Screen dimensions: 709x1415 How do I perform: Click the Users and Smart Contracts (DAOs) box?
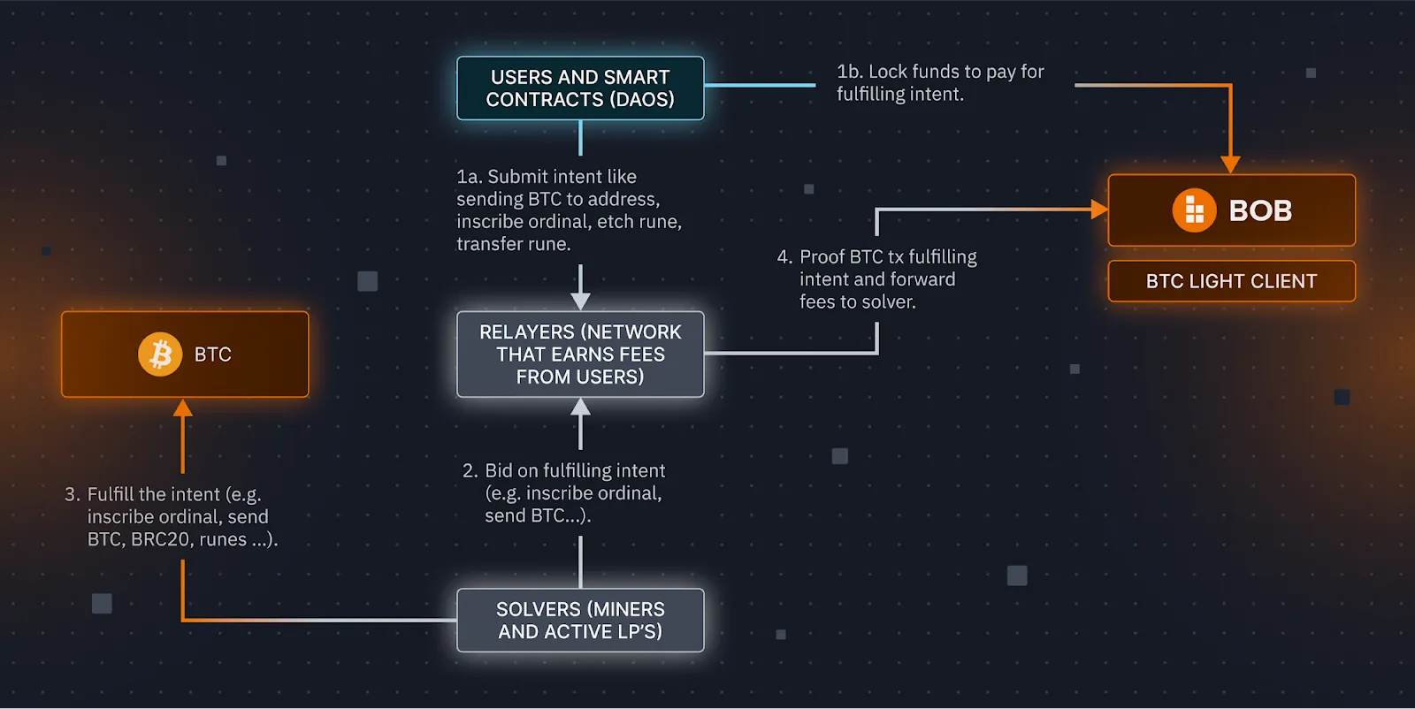(x=580, y=88)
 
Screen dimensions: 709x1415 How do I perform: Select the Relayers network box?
(x=580, y=354)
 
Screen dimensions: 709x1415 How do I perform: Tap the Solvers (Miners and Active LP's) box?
(x=580, y=621)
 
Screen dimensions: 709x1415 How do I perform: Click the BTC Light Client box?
(x=1231, y=281)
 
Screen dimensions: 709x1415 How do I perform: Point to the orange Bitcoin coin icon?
(x=160, y=354)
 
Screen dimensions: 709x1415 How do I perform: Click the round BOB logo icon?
(x=1194, y=210)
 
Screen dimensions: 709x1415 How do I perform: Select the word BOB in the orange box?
(x=1260, y=210)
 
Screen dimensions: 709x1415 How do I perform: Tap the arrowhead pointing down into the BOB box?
(x=1230, y=164)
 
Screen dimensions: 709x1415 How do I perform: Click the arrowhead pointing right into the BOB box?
(x=1099, y=210)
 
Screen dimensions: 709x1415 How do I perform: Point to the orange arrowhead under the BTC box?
(x=183, y=408)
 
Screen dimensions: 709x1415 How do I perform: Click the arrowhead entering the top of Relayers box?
(x=580, y=301)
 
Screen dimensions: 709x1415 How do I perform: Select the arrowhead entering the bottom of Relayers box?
(x=580, y=408)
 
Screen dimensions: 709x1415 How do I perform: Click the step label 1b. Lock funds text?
(x=940, y=83)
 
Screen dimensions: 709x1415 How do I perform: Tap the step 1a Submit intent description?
(x=569, y=210)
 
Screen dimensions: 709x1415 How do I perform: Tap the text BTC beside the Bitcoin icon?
(x=212, y=354)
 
